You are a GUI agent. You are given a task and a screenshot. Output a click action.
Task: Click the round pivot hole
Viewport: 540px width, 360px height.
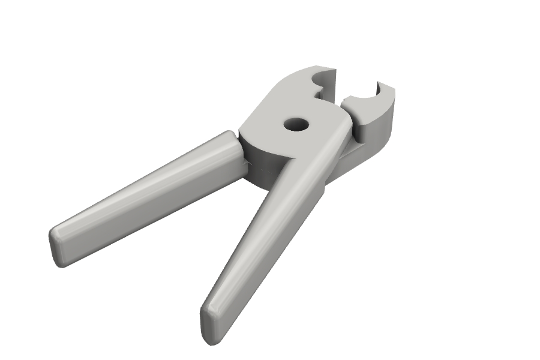296,125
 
